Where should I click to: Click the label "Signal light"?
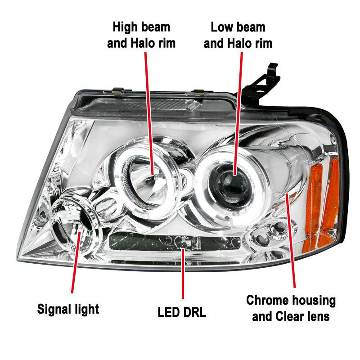pyautogui.click(x=68, y=309)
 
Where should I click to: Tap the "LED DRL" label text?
pyautogui.click(x=182, y=312)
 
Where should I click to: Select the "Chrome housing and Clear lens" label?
pyautogui.click(x=291, y=308)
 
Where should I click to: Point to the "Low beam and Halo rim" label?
pyautogui.click(x=238, y=35)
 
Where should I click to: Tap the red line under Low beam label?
pyautogui.click(x=238, y=112)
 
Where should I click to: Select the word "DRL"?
pyautogui.click(x=193, y=312)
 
